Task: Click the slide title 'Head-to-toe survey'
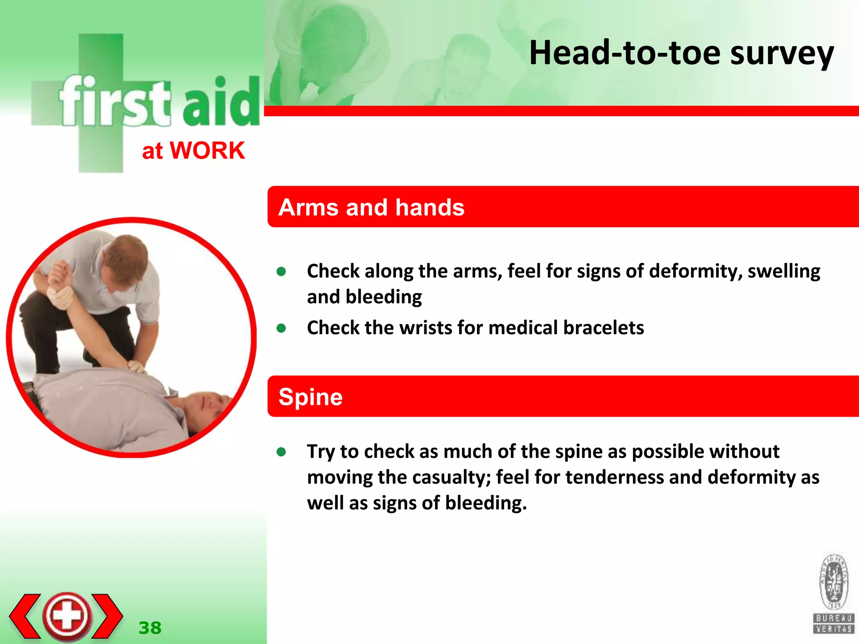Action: pos(681,53)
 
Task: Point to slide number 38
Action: pos(150,628)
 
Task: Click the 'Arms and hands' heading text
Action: pos(371,207)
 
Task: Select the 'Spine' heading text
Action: pos(310,397)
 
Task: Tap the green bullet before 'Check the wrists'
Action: pos(281,328)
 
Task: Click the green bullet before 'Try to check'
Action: pos(281,452)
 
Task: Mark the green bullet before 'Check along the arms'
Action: pos(281,272)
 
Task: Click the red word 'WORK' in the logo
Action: pos(207,151)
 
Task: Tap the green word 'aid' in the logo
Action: pos(221,103)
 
